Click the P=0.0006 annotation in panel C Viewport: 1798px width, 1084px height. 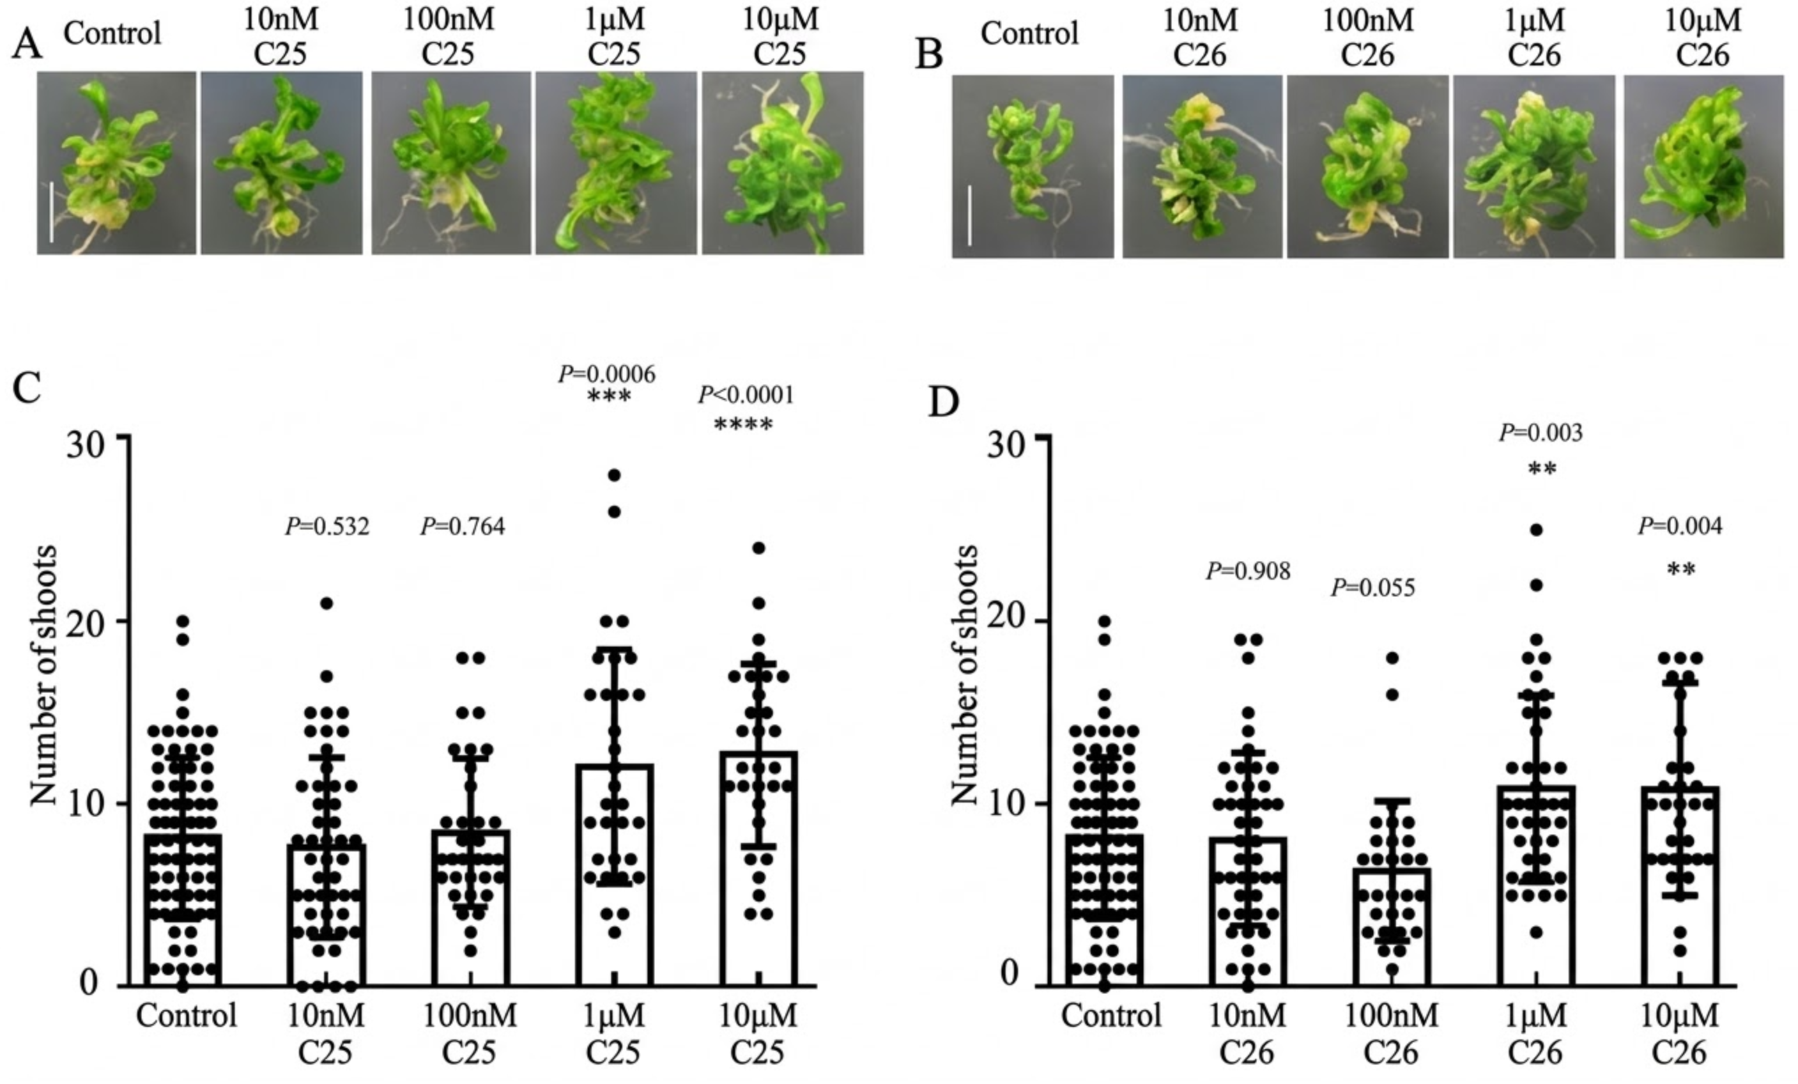click(x=606, y=374)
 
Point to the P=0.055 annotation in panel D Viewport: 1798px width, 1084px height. click(x=1373, y=587)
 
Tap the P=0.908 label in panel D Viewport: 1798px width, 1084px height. click(x=1248, y=571)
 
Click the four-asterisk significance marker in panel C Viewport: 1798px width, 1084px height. click(x=743, y=424)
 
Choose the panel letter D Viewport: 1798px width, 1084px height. click(x=943, y=403)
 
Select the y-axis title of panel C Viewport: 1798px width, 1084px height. click(x=44, y=675)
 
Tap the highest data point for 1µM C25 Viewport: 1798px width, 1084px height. click(x=615, y=476)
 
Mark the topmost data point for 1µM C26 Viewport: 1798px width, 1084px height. click(x=1536, y=530)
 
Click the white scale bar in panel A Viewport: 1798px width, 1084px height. click(x=52, y=212)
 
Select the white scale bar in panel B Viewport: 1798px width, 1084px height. click(x=970, y=215)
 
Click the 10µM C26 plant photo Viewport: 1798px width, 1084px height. click(x=1703, y=167)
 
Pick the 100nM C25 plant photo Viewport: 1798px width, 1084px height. click(x=451, y=164)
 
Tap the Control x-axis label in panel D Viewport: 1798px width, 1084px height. click(x=1111, y=1016)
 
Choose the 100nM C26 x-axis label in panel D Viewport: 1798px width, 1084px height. click(x=1391, y=1033)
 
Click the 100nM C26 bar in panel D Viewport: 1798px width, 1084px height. click(x=1392, y=927)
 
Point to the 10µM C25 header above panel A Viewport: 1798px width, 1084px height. click(x=780, y=36)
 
